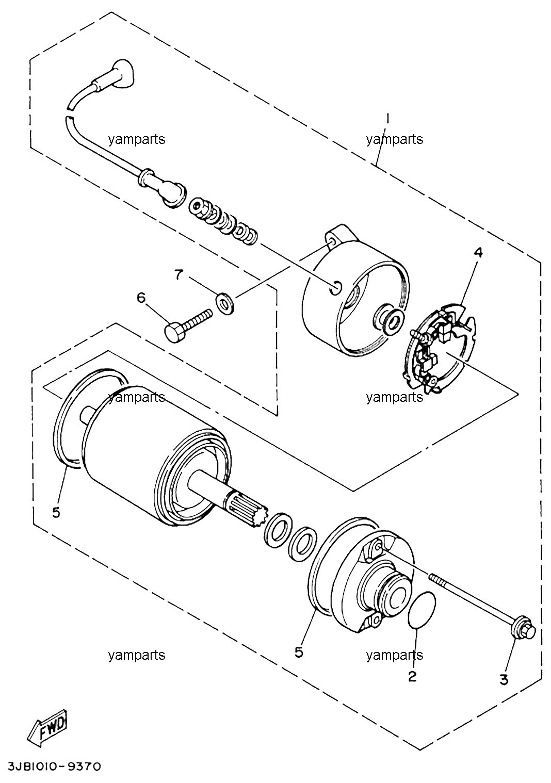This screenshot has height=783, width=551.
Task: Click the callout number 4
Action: tap(478, 252)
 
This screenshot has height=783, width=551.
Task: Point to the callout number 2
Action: tap(413, 676)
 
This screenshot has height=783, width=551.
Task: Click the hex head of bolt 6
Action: tap(174, 332)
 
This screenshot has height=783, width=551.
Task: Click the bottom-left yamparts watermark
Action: tap(137, 655)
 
